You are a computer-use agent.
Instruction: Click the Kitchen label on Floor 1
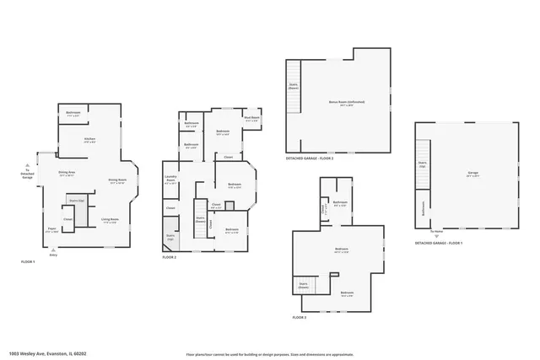89,139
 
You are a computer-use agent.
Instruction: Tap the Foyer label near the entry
51,230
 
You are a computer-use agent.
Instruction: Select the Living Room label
110,220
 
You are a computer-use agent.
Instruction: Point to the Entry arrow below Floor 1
54,251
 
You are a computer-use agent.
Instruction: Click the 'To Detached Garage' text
26,175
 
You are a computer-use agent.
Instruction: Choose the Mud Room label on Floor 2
251,119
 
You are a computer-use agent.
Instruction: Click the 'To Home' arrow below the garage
436,233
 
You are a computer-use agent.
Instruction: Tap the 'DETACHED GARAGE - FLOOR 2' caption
308,159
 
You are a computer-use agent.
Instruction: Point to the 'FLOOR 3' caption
300,318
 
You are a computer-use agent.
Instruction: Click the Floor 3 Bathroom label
340,203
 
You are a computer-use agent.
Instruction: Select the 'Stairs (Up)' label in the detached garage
422,164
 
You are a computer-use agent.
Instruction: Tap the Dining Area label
67,174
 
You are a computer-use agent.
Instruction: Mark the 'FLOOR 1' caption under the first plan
29,262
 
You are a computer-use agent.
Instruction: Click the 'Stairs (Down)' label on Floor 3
303,286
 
